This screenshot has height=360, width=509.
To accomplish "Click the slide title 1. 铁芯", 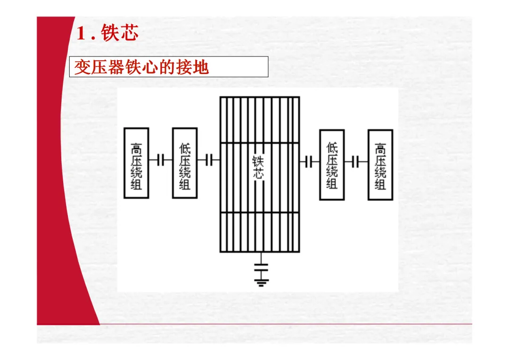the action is click(x=107, y=33).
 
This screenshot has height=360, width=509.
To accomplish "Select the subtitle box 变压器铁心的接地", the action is click(x=169, y=67).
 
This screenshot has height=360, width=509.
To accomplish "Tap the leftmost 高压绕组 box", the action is click(x=136, y=163).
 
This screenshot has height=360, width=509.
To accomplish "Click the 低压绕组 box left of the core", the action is click(x=184, y=163).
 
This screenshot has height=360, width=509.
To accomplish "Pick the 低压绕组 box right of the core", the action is click(x=332, y=164).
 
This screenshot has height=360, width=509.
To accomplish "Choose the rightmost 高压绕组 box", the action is click(x=380, y=164).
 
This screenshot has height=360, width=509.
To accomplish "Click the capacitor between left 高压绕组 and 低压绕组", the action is click(x=161, y=161).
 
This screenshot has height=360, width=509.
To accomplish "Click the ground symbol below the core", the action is click(x=261, y=282).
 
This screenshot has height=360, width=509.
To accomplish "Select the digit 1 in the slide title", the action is click(x=81, y=34).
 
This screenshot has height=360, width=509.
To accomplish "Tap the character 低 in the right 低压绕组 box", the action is click(x=332, y=147).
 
